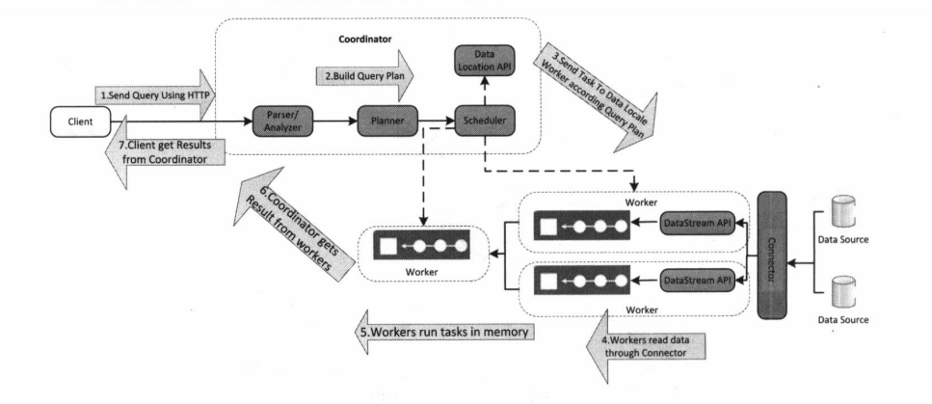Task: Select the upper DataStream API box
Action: click(x=693, y=225)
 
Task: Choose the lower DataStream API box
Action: click(x=693, y=279)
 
